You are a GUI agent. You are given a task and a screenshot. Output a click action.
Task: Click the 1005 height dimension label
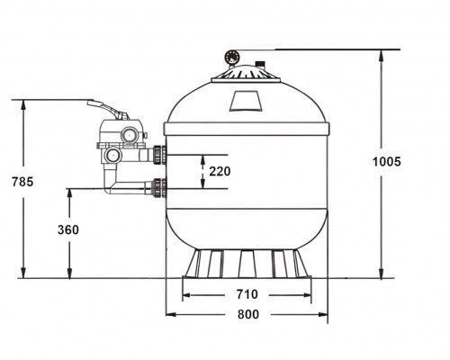pyautogui.click(x=387, y=162)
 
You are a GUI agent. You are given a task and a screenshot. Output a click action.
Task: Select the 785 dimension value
pyautogui.click(x=22, y=182)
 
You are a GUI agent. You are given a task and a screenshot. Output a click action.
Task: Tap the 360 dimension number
pyautogui.click(x=68, y=229)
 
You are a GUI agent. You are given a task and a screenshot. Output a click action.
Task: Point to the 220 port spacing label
pyautogui.click(x=220, y=171)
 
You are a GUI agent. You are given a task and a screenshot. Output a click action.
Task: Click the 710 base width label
pyautogui.click(x=247, y=294)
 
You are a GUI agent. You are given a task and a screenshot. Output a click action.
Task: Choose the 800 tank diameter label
pyautogui.click(x=248, y=314)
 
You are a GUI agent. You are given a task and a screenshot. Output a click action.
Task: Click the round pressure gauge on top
pyautogui.click(x=232, y=57)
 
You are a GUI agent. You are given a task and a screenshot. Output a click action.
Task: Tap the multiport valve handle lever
pyautogui.click(x=108, y=110)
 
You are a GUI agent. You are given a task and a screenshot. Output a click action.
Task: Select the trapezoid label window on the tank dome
pyautogui.click(x=246, y=101)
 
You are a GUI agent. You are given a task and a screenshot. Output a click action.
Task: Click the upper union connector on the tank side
pyautogui.click(x=159, y=155)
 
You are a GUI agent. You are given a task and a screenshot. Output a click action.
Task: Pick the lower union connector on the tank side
pyautogui.click(x=159, y=188)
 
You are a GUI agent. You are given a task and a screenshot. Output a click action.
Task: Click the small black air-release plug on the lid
pyautogui.click(x=259, y=64)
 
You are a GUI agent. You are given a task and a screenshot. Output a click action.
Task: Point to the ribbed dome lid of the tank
pyautogui.click(x=246, y=73)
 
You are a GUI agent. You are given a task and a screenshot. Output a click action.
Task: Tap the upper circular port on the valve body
pyautogui.click(x=130, y=135)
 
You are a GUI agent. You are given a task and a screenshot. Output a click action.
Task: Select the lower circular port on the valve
pyautogui.click(x=112, y=156)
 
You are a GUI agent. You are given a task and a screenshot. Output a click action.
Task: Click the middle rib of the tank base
pyautogui.click(x=247, y=264)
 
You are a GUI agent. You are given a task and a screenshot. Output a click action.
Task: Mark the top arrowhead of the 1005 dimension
pyautogui.click(x=382, y=55)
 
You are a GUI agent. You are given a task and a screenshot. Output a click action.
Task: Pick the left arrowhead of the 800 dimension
pyautogui.click(x=171, y=314)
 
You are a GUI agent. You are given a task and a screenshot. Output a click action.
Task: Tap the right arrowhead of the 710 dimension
pyautogui.click(x=307, y=295)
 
